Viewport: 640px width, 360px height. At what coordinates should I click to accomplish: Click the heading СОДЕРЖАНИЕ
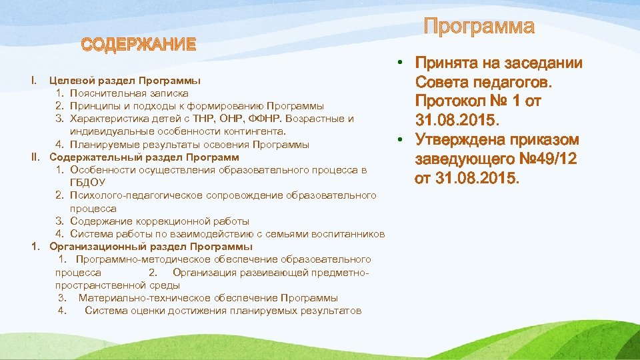coord(139,45)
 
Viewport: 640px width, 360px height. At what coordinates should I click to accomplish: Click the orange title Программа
coord(479,27)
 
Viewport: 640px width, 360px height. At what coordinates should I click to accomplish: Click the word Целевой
coord(69,81)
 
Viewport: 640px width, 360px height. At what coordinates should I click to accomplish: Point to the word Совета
coord(437,83)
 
